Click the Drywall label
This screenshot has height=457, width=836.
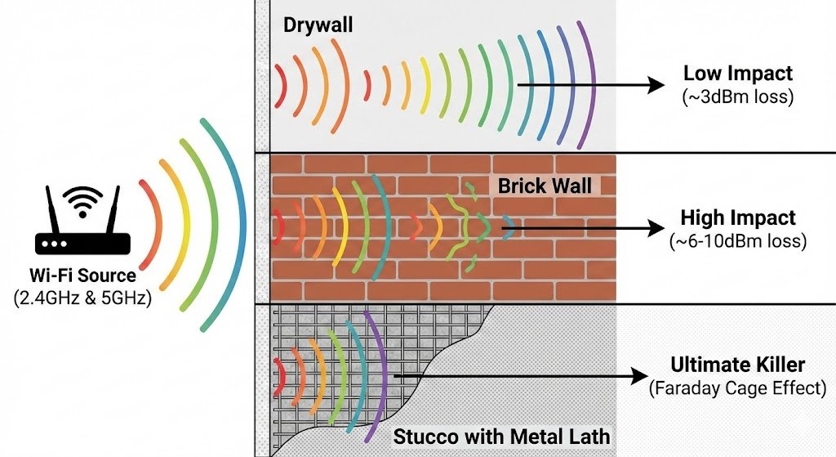(318, 25)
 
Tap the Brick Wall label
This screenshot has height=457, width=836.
(545, 186)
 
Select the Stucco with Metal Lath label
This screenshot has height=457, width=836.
(501, 435)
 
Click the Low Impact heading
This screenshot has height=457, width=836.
(738, 74)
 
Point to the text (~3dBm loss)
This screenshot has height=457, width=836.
(738, 97)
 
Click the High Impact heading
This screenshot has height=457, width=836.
(738, 218)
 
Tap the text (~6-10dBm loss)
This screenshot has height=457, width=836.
(738, 242)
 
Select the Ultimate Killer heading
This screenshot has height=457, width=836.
(738, 364)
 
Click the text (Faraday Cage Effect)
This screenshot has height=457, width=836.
(738, 388)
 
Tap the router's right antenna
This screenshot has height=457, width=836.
(113, 210)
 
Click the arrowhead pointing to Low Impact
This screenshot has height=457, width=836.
(652, 84)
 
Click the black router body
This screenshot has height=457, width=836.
(82, 243)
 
